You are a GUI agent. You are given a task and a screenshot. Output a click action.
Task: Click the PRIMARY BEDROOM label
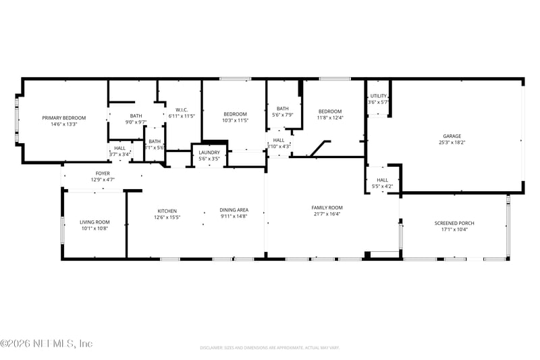coord(64,118)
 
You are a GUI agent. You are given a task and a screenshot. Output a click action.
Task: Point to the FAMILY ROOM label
coord(327,207)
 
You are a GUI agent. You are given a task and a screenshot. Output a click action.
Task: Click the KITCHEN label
coord(167,211)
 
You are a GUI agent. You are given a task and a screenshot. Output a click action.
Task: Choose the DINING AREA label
coord(234,210)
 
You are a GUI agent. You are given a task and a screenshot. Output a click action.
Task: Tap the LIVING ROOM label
coord(94,222)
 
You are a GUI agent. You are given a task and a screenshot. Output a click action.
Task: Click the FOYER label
coord(102,174)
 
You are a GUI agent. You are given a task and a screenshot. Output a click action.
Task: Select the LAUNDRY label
coord(209,153)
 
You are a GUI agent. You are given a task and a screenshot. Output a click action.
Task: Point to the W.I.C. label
coord(181,109)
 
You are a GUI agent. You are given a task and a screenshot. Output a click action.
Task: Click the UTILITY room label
coord(378,96)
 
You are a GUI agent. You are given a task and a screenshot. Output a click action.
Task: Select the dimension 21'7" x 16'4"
coord(327,214)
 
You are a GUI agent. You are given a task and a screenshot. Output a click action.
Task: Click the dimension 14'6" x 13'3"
coord(64,124)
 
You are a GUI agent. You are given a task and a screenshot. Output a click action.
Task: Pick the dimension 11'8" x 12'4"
coord(330,118)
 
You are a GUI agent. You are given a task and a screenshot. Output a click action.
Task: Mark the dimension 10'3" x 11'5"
coord(236,121)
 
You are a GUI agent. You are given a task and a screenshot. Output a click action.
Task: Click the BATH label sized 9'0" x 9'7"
coord(136,115)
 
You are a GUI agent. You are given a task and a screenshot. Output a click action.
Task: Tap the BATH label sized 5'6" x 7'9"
coord(282,109)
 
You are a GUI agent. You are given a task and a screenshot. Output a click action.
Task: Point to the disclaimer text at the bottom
coord(269,348)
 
